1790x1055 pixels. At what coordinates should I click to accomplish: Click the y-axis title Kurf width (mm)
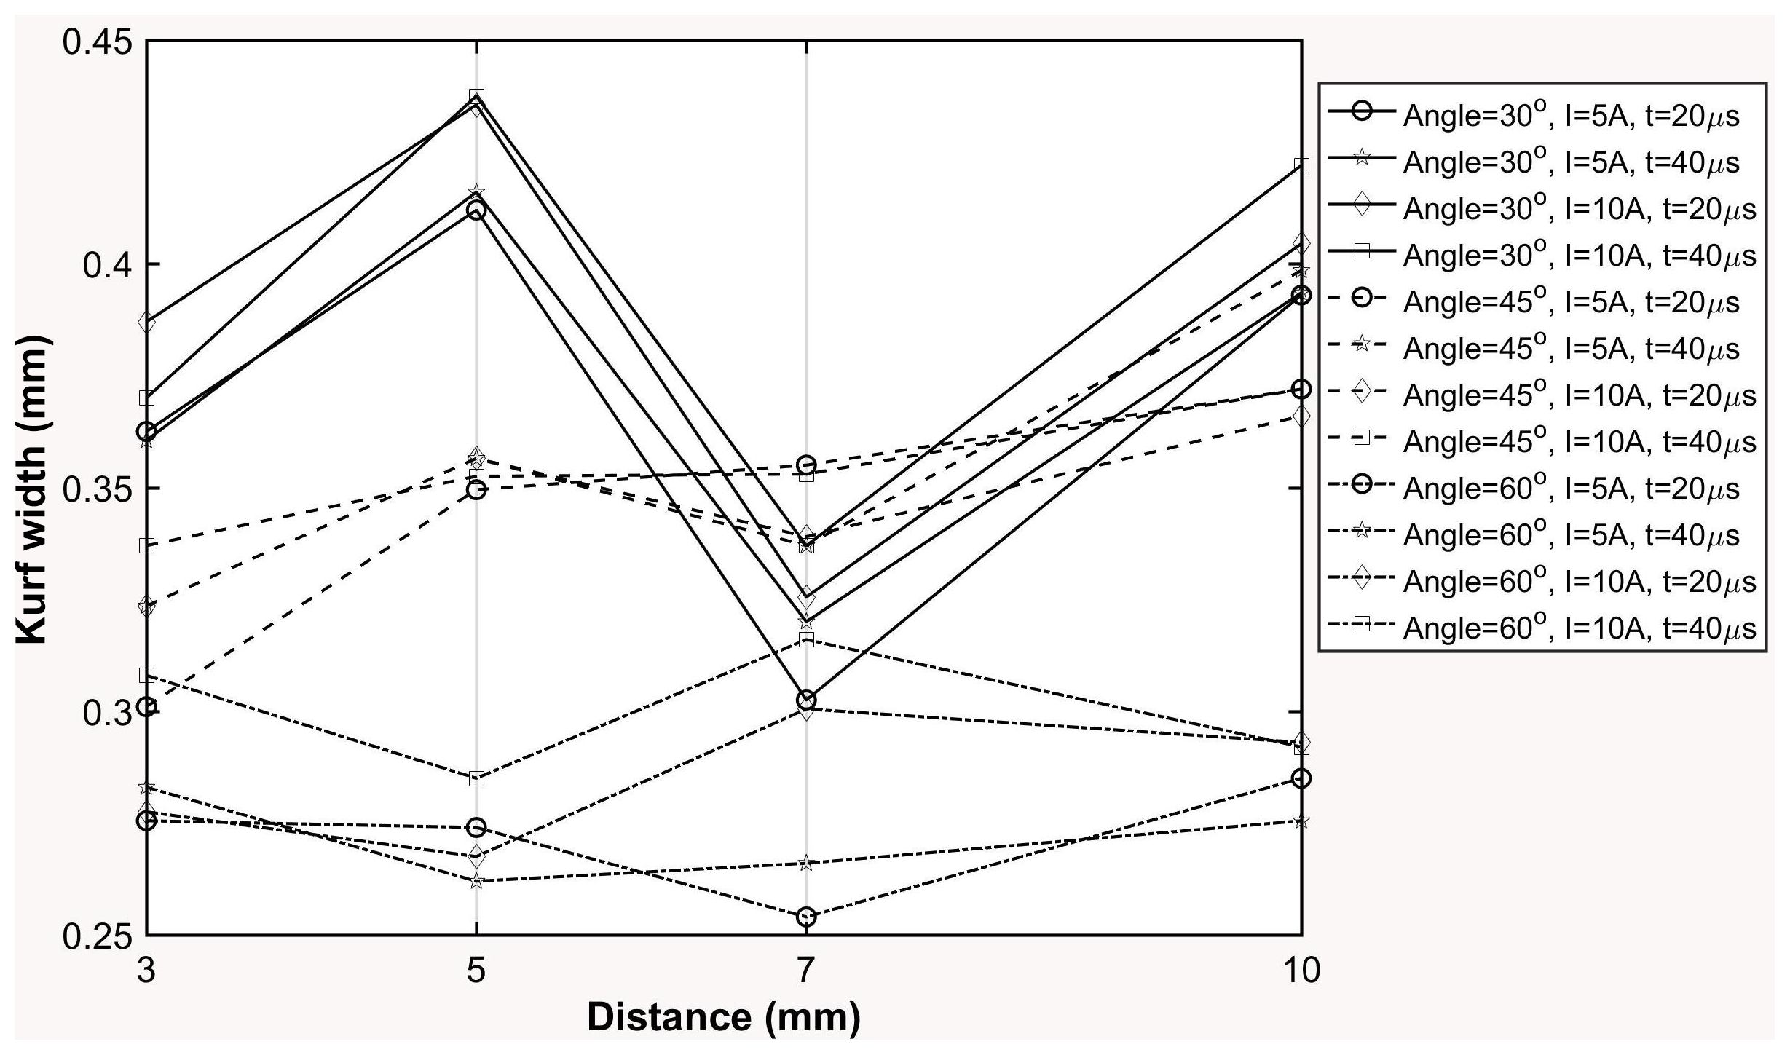pos(32,489)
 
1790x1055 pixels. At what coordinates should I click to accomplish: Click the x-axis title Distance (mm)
pos(723,1017)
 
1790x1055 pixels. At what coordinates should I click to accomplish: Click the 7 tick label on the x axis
pos(805,971)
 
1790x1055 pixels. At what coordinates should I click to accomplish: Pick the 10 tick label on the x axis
pos(1301,971)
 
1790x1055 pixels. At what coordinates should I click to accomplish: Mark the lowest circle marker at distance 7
pos(806,917)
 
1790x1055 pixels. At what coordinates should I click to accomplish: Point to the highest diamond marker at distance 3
pos(147,322)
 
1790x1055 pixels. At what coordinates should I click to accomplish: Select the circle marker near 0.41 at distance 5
pos(476,210)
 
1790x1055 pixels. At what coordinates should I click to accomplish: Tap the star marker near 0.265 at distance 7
pos(806,864)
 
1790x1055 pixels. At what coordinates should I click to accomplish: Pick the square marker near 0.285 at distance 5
pos(476,778)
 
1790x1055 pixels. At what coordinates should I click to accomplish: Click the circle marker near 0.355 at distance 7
pos(806,465)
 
